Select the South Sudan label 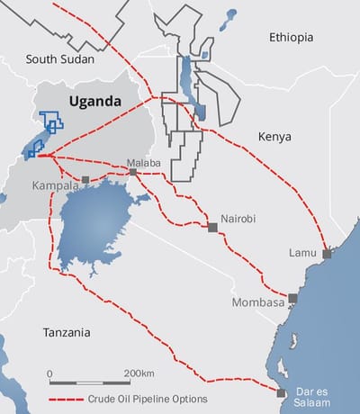[60, 60]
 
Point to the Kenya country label [275, 139]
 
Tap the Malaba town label [143, 162]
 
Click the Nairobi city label [240, 218]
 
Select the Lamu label [301, 252]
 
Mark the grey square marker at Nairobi [212, 228]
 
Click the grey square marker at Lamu [327, 255]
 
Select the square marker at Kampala [85, 179]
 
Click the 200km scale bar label [141, 372]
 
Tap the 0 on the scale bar [50, 372]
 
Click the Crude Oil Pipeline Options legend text [148, 398]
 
